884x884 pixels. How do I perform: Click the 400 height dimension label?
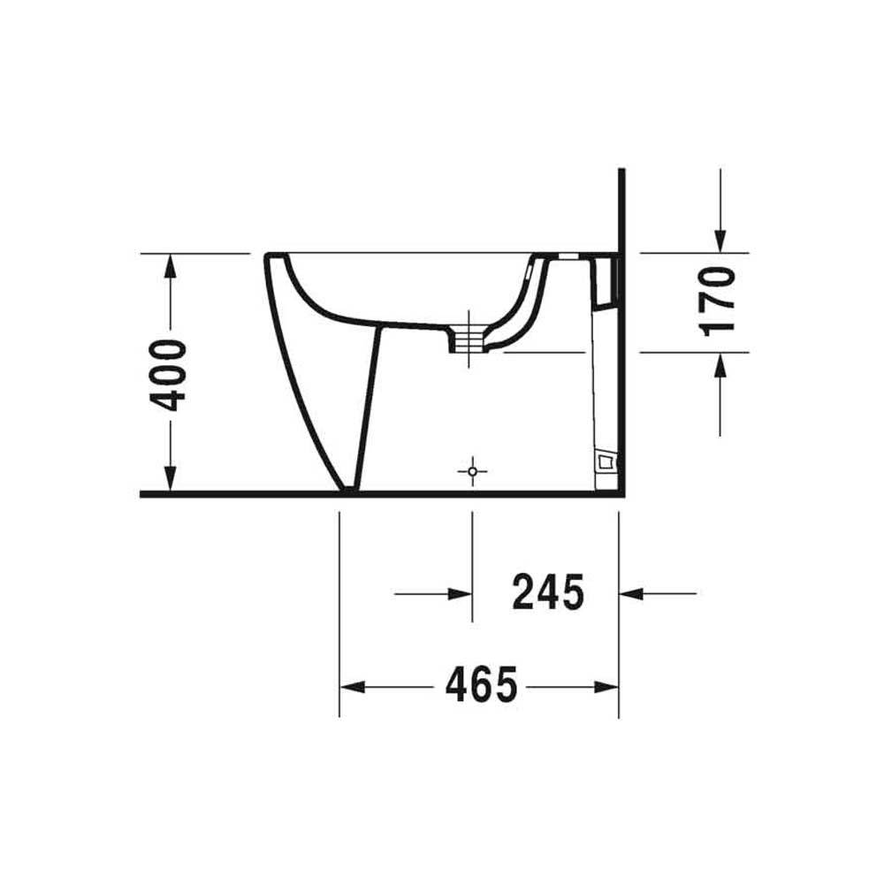[x=167, y=376]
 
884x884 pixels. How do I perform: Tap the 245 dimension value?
[x=549, y=592]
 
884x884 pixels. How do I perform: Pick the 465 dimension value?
[x=481, y=686]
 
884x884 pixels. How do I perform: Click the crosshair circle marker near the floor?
[x=472, y=471]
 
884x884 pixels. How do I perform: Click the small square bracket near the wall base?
[x=606, y=461]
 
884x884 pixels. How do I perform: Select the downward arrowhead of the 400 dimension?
[x=170, y=478]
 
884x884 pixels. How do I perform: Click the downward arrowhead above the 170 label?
[x=720, y=240]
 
